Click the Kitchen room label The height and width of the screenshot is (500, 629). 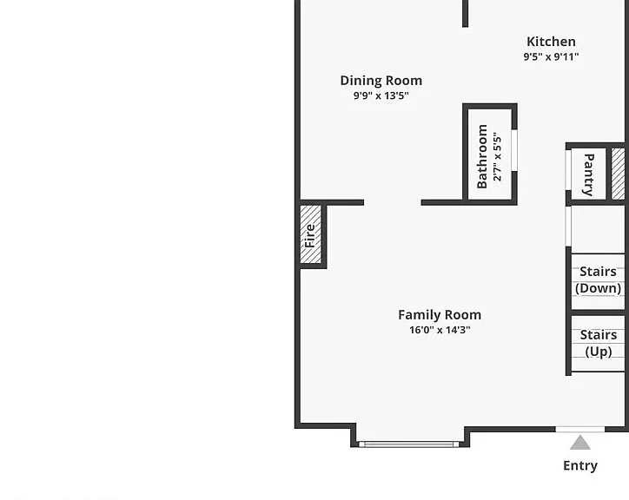tap(551, 42)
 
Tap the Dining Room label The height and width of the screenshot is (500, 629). tap(381, 81)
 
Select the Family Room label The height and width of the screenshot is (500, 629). tap(440, 315)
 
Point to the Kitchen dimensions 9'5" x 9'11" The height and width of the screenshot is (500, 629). tap(551, 56)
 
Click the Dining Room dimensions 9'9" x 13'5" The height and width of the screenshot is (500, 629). tap(381, 95)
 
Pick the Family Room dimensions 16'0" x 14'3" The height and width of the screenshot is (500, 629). tap(440, 330)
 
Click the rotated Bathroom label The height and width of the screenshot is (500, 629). tap(482, 156)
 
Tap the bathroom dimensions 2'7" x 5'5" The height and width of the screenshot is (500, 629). tap(498, 156)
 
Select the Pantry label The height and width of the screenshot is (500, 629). tap(588, 174)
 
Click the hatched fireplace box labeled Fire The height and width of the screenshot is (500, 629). tap(311, 234)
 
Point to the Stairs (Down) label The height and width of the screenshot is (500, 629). tap(598, 280)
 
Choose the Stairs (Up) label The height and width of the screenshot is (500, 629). tap(599, 343)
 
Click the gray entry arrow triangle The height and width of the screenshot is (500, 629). tap(580, 443)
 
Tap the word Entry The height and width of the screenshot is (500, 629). tap(580, 465)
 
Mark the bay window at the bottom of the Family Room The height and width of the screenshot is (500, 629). tap(408, 444)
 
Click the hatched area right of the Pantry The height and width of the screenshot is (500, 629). tap(619, 174)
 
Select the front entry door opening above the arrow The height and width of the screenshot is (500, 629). tap(580, 430)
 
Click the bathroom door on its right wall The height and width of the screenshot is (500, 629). tap(514, 150)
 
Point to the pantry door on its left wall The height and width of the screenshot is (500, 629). tap(568, 169)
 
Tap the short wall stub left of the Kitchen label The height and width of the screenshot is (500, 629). tap(466, 14)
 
